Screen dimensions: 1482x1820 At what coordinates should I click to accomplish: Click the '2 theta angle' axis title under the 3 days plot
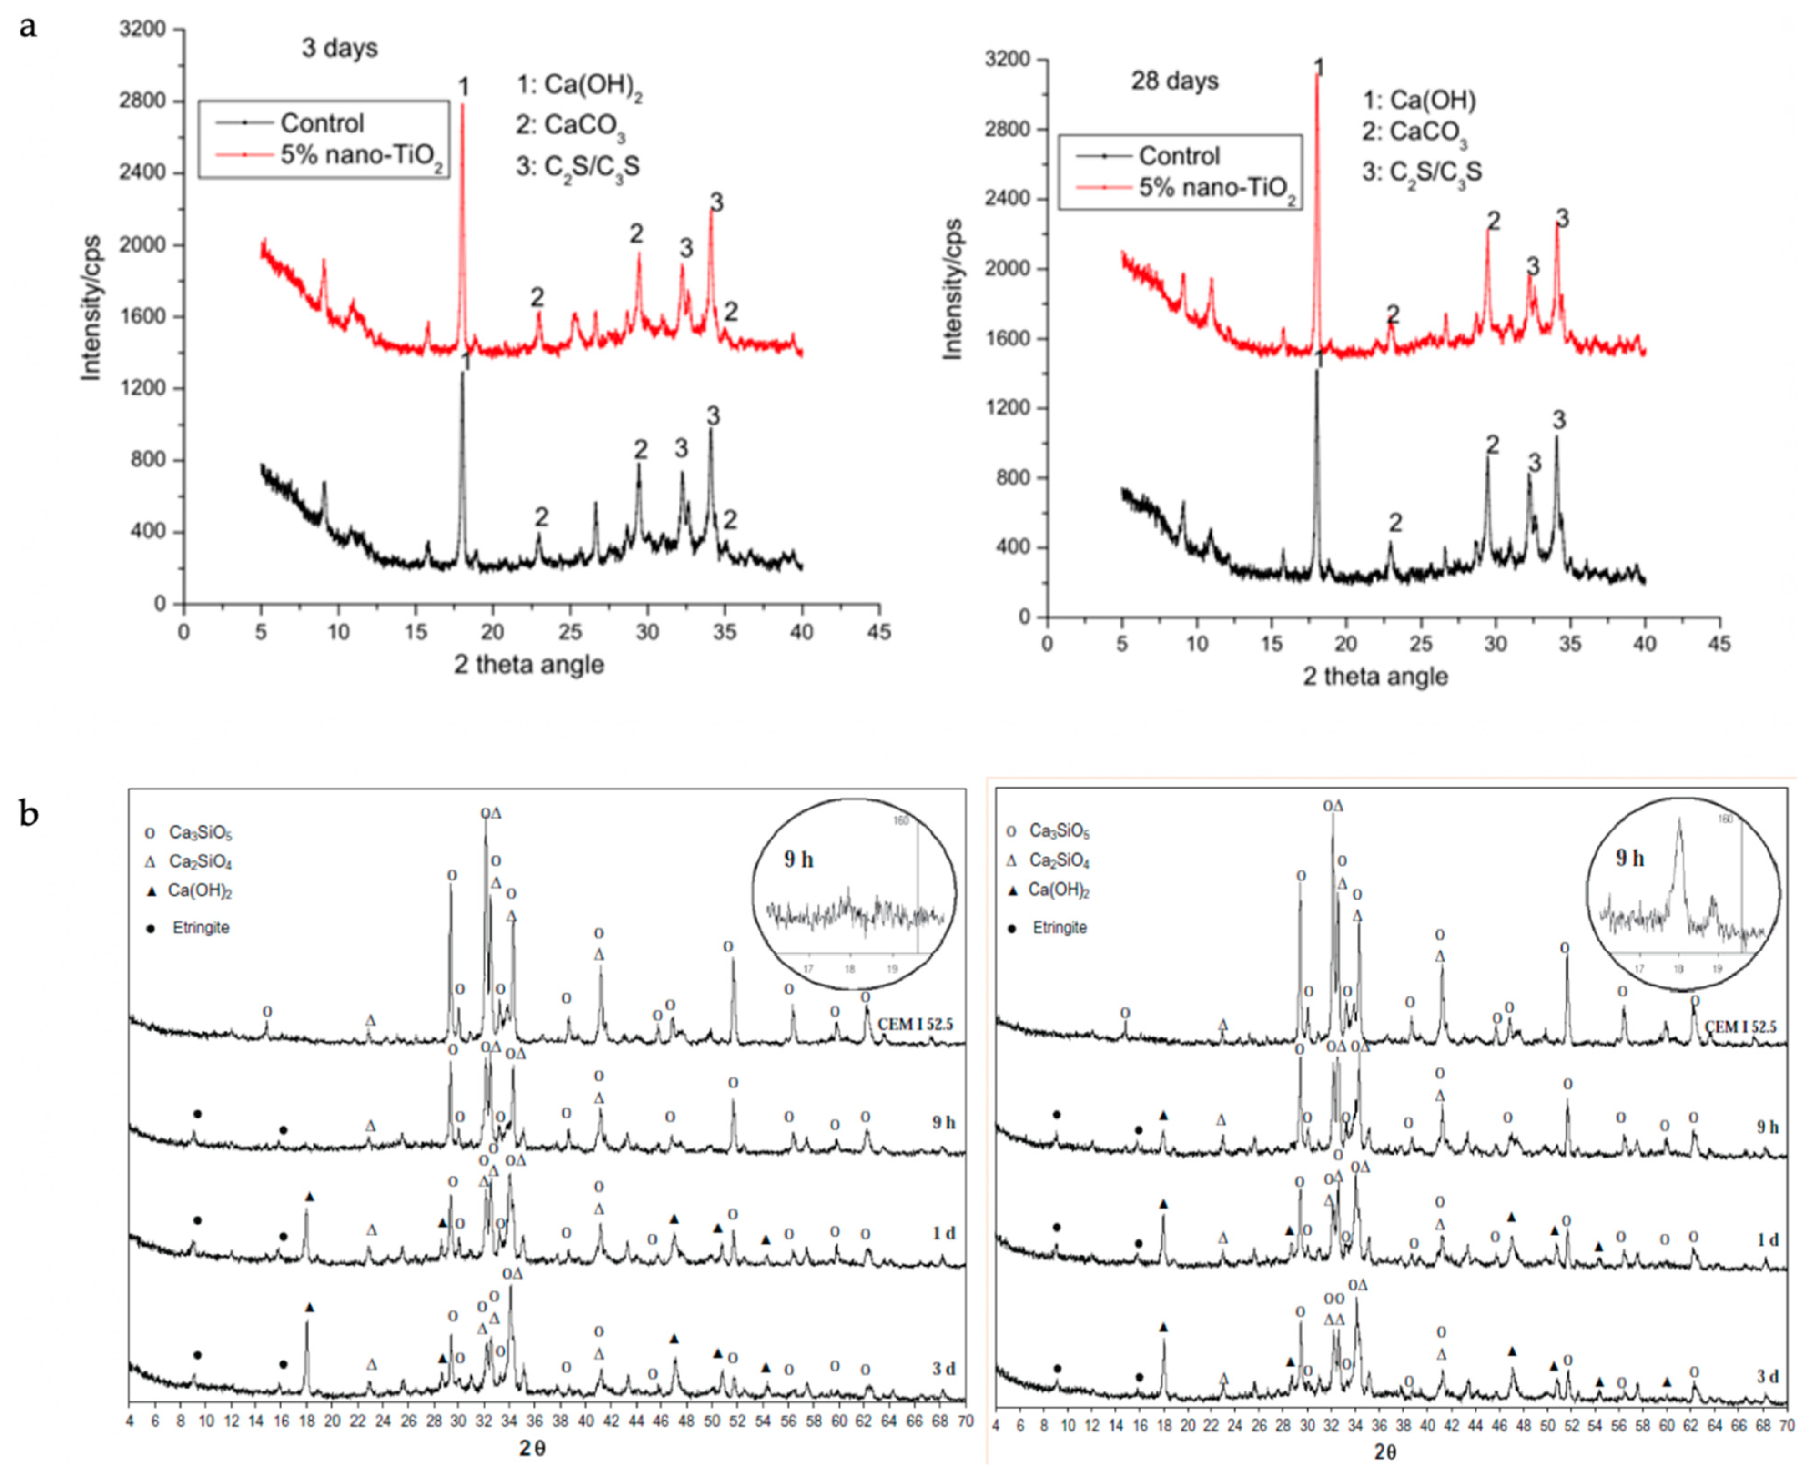click(528, 665)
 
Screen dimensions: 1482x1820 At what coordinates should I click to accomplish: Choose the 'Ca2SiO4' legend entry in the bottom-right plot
click(1059, 860)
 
